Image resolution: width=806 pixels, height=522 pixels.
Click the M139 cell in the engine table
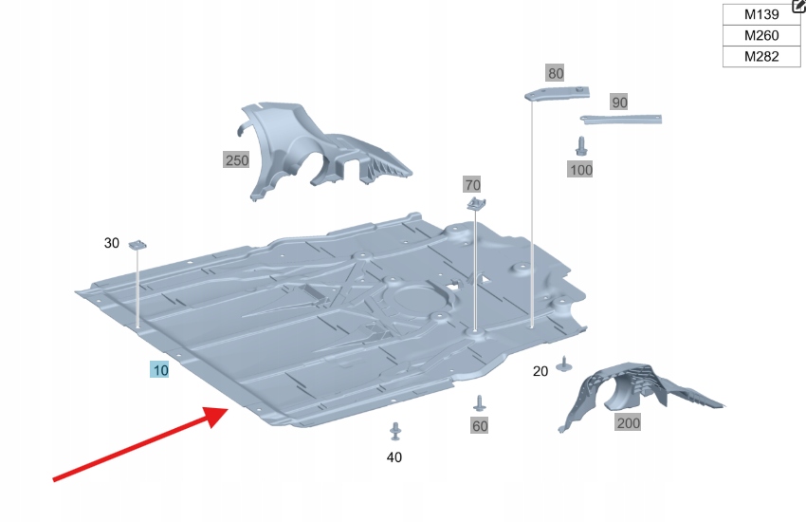761,14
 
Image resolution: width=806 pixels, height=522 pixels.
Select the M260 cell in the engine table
761,35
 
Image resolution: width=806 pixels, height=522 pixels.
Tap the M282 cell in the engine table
761,57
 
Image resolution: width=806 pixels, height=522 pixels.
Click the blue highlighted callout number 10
160,370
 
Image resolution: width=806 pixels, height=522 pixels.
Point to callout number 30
112,243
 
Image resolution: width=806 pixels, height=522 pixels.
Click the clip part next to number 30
137,244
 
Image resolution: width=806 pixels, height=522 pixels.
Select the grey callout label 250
236,160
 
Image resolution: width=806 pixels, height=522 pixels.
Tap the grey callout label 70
472,184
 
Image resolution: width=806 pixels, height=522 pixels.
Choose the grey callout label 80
555,73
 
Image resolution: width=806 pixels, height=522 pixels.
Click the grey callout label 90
619,102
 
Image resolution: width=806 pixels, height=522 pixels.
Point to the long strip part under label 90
621,120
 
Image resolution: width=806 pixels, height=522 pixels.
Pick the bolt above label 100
581,145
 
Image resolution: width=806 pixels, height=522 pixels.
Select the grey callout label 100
580,169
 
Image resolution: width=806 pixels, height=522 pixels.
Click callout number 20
540,371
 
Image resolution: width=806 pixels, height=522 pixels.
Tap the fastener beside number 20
565,364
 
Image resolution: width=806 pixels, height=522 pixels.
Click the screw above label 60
480,403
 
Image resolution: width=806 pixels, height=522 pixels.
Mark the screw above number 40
395,432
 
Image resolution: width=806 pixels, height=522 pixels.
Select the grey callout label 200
628,422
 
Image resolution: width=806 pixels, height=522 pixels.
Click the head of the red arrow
217,416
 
